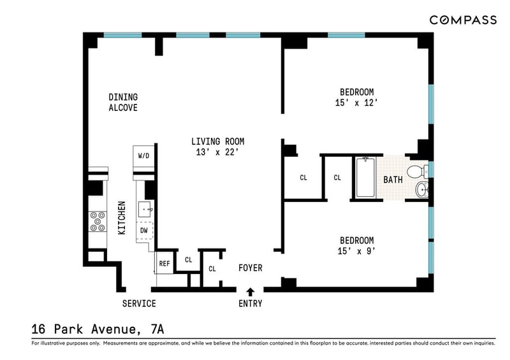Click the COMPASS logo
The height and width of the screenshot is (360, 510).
463,20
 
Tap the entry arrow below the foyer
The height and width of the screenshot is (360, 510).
250,292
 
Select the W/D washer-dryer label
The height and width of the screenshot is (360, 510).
144,155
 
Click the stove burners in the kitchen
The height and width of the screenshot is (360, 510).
98,222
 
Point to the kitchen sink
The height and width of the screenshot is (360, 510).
145,210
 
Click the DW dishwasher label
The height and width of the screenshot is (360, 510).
144,231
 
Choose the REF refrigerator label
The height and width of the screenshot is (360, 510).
164,263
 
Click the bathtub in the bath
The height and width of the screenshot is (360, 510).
365,177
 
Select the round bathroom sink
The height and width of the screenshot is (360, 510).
422,190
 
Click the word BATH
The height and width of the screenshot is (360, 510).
393,180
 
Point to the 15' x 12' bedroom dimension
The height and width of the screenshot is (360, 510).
356,103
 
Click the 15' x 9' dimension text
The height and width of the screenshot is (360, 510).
356,251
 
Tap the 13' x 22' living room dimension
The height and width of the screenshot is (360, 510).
217,152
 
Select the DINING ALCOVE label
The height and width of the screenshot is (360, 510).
123,103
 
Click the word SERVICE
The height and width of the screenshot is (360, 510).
139,303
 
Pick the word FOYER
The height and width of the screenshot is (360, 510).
250,268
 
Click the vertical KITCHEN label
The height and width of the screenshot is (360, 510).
121,218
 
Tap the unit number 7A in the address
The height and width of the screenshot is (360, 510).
157,329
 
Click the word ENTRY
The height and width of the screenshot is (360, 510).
250,303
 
